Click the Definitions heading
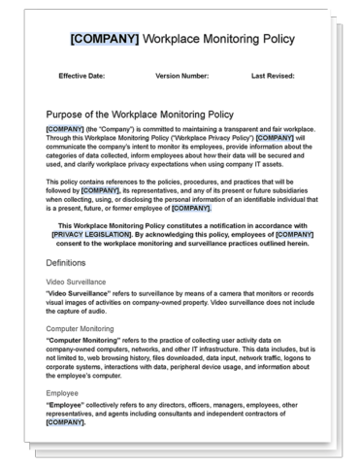71,262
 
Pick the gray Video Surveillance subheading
79,282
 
